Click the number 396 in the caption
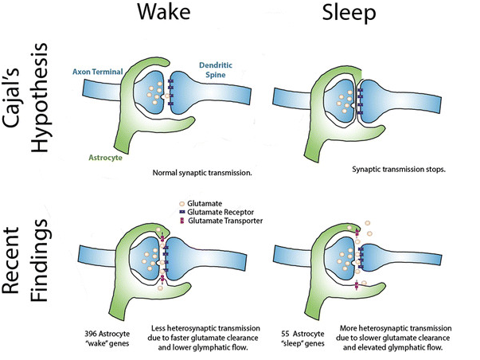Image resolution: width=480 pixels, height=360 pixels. (91, 328)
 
